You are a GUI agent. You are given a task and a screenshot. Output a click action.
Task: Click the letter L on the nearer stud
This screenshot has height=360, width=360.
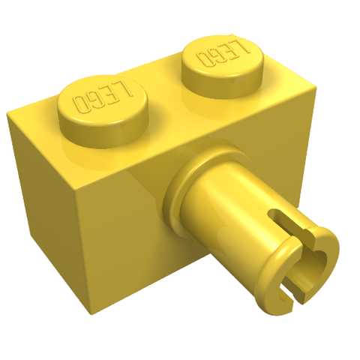(x=126, y=89)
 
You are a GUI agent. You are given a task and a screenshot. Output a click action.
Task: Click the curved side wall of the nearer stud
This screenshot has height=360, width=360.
(x=105, y=136)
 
